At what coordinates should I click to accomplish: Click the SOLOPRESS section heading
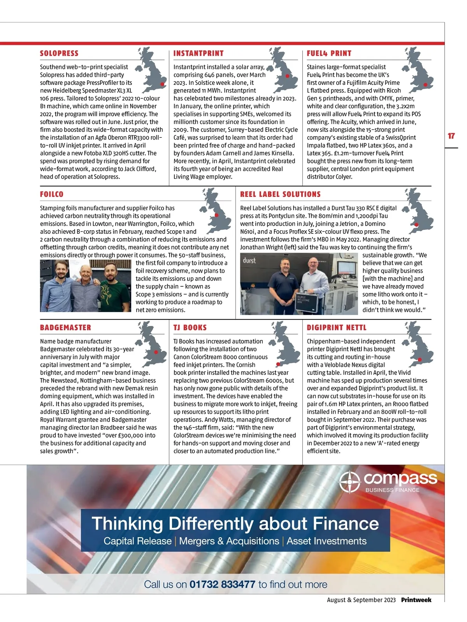tap(59, 53)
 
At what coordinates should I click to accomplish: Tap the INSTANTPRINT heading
tap(198, 53)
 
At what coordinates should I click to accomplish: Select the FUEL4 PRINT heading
tap(329, 53)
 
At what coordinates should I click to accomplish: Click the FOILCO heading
tap(52, 194)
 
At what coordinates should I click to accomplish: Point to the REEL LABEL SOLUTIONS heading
tap(280, 194)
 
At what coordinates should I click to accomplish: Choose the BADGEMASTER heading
tap(65, 328)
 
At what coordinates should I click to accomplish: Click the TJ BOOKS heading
tap(190, 328)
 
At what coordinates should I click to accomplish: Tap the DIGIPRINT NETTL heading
tap(336, 328)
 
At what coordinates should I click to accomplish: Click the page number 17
tap(451, 136)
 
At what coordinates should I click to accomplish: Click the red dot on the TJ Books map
tap(278, 364)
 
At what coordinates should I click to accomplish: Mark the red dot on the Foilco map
tap(216, 215)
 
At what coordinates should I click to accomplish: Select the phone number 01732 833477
tap(222, 584)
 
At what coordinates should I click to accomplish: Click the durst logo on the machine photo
tap(249, 260)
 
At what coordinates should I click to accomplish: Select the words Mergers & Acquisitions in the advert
tap(229, 541)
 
